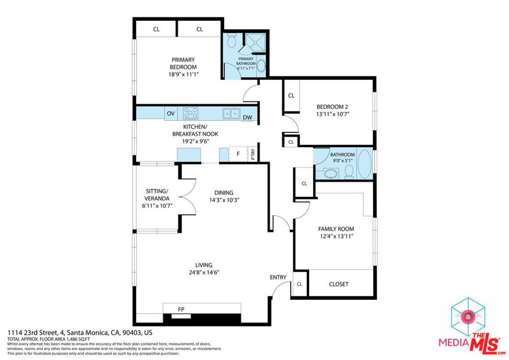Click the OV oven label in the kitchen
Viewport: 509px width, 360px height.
[170, 114]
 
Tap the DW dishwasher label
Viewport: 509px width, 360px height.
[248, 118]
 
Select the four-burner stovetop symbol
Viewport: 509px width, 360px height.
[191, 113]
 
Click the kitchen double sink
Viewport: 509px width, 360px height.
[231, 113]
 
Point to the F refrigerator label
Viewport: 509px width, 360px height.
[238, 154]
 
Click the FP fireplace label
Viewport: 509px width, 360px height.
[181, 310]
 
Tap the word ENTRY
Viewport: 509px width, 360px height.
[278, 277]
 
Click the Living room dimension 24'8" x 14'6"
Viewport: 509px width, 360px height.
[204, 272]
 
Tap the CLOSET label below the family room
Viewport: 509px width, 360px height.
[339, 284]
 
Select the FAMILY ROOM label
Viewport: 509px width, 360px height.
[336, 229]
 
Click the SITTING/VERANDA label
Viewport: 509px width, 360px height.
[157, 194]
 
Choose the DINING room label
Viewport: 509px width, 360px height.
[224, 193]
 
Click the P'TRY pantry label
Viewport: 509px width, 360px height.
[253, 155]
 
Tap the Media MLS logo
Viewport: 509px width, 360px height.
[470, 328]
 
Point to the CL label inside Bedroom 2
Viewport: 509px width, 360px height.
[291, 95]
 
